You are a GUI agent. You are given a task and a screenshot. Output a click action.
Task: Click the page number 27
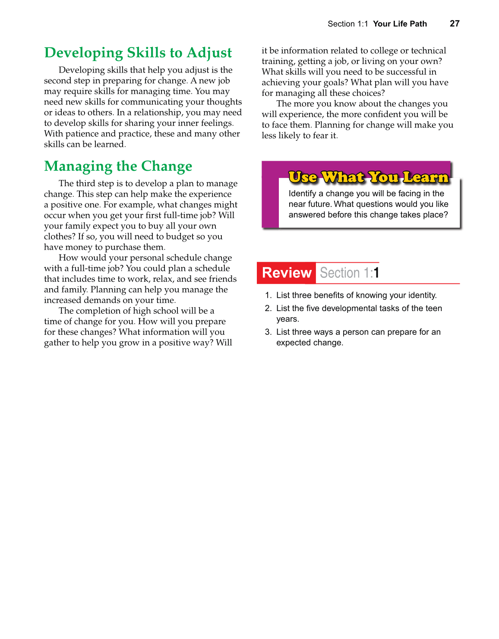455,24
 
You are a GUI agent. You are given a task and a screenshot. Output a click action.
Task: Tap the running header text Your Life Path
400,24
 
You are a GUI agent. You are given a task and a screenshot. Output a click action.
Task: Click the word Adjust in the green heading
209,53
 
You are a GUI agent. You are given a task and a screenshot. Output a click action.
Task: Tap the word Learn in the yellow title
425,177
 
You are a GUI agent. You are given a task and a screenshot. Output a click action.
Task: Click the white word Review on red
287,273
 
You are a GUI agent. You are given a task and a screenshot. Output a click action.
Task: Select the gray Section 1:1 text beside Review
349,273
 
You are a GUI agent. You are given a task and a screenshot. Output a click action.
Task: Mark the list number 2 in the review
268,308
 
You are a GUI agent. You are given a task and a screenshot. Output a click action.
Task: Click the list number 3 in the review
268,332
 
